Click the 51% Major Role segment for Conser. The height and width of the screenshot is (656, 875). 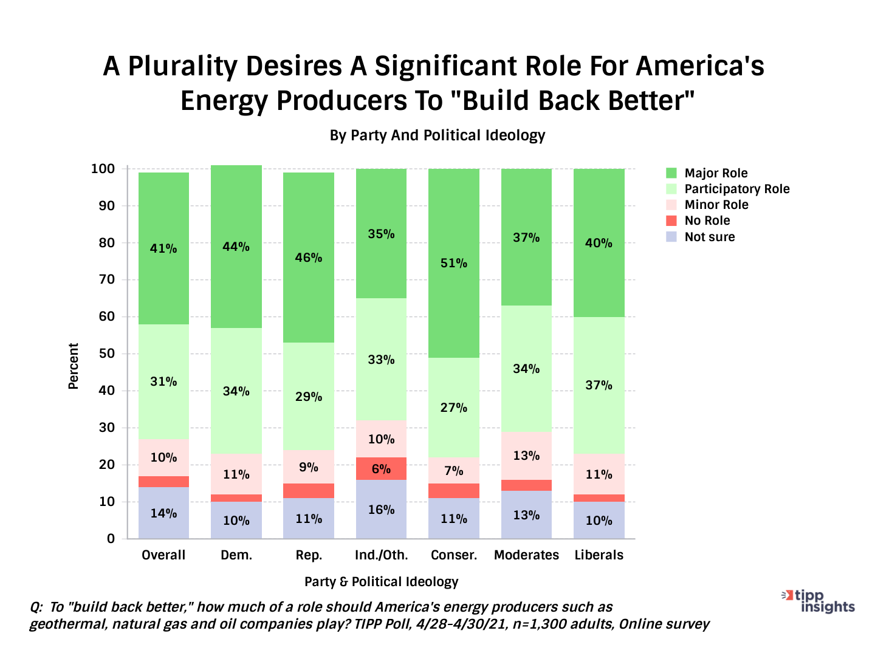[x=454, y=263]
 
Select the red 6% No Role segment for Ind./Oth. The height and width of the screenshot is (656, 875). [x=381, y=468]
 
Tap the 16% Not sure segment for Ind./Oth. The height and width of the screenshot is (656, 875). [x=381, y=510]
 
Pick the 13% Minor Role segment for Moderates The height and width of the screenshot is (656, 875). [x=526, y=456]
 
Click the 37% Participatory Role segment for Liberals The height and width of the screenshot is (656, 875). [x=599, y=385]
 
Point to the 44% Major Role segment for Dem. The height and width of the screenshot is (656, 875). [x=236, y=247]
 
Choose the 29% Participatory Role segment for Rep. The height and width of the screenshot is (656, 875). [x=309, y=397]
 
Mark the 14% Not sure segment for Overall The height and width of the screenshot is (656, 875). [x=163, y=513]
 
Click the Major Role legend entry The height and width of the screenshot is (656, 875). [x=716, y=173]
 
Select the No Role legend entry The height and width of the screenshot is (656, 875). [x=707, y=220]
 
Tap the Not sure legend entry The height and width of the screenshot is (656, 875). [x=709, y=237]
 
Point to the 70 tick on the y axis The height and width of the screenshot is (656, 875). [x=107, y=279]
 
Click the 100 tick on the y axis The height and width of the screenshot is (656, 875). [x=103, y=169]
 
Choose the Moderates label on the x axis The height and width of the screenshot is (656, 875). [x=526, y=555]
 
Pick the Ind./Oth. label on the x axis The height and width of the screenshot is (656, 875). [x=381, y=555]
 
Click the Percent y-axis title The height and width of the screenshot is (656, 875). [x=74, y=366]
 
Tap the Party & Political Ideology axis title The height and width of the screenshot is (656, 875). [x=381, y=582]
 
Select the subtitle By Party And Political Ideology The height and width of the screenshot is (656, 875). [x=437, y=135]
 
